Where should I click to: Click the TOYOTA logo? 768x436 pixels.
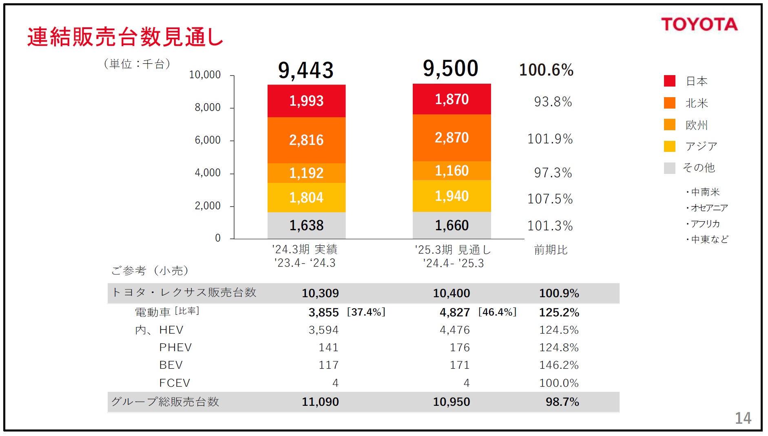pyautogui.click(x=699, y=24)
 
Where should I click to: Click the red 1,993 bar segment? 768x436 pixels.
pyautogui.click(x=306, y=101)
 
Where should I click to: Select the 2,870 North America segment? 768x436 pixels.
pyautogui.click(x=452, y=138)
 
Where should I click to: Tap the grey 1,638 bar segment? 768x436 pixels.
pyautogui.click(x=306, y=225)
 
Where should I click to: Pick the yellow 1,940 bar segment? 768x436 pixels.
pyautogui.click(x=452, y=196)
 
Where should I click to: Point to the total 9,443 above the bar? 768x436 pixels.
pyautogui.click(x=306, y=70)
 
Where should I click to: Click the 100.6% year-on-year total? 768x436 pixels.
pyautogui.click(x=546, y=70)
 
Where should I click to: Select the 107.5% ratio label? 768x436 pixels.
pyautogui.click(x=550, y=199)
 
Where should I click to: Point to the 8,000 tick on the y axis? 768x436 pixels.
pyautogui.click(x=208, y=107)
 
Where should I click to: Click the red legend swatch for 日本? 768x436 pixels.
pyautogui.click(x=669, y=81)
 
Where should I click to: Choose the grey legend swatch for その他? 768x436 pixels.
pyautogui.click(x=669, y=168)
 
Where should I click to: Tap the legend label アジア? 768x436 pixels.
pyautogui.click(x=701, y=146)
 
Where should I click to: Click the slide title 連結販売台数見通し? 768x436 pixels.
pyautogui.click(x=125, y=37)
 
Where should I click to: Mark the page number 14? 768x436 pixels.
pyautogui.click(x=743, y=418)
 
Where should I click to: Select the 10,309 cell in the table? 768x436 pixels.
pyautogui.click(x=320, y=293)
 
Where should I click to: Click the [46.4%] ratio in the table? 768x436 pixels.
pyautogui.click(x=497, y=312)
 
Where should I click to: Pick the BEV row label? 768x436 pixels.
pyautogui.click(x=171, y=365)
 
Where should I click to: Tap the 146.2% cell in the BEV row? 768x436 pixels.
pyautogui.click(x=559, y=365)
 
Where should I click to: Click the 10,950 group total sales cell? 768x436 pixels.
pyautogui.click(x=451, y=402)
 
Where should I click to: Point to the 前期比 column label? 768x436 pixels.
pyautogui.click(x=551, y=250)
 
